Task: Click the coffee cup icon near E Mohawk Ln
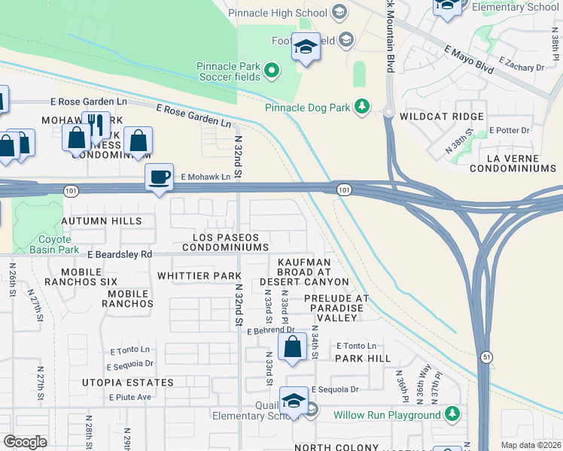(x=159, y=177)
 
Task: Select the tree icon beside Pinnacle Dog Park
(x=363, y=107)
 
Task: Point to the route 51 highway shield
(x=488, y=359)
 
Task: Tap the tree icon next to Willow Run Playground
(x=452, y=414)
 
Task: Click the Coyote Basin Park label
(x=59, y=244)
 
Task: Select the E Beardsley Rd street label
(x=120, y=255)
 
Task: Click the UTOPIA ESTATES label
(x=128, y=383)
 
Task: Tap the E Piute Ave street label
(x=130, y=397)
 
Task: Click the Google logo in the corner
(x=25, y=441)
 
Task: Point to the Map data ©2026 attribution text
(x=530, y=445)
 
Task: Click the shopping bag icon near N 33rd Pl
(x=292, y=347)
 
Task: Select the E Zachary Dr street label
(x=520, y=67)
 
